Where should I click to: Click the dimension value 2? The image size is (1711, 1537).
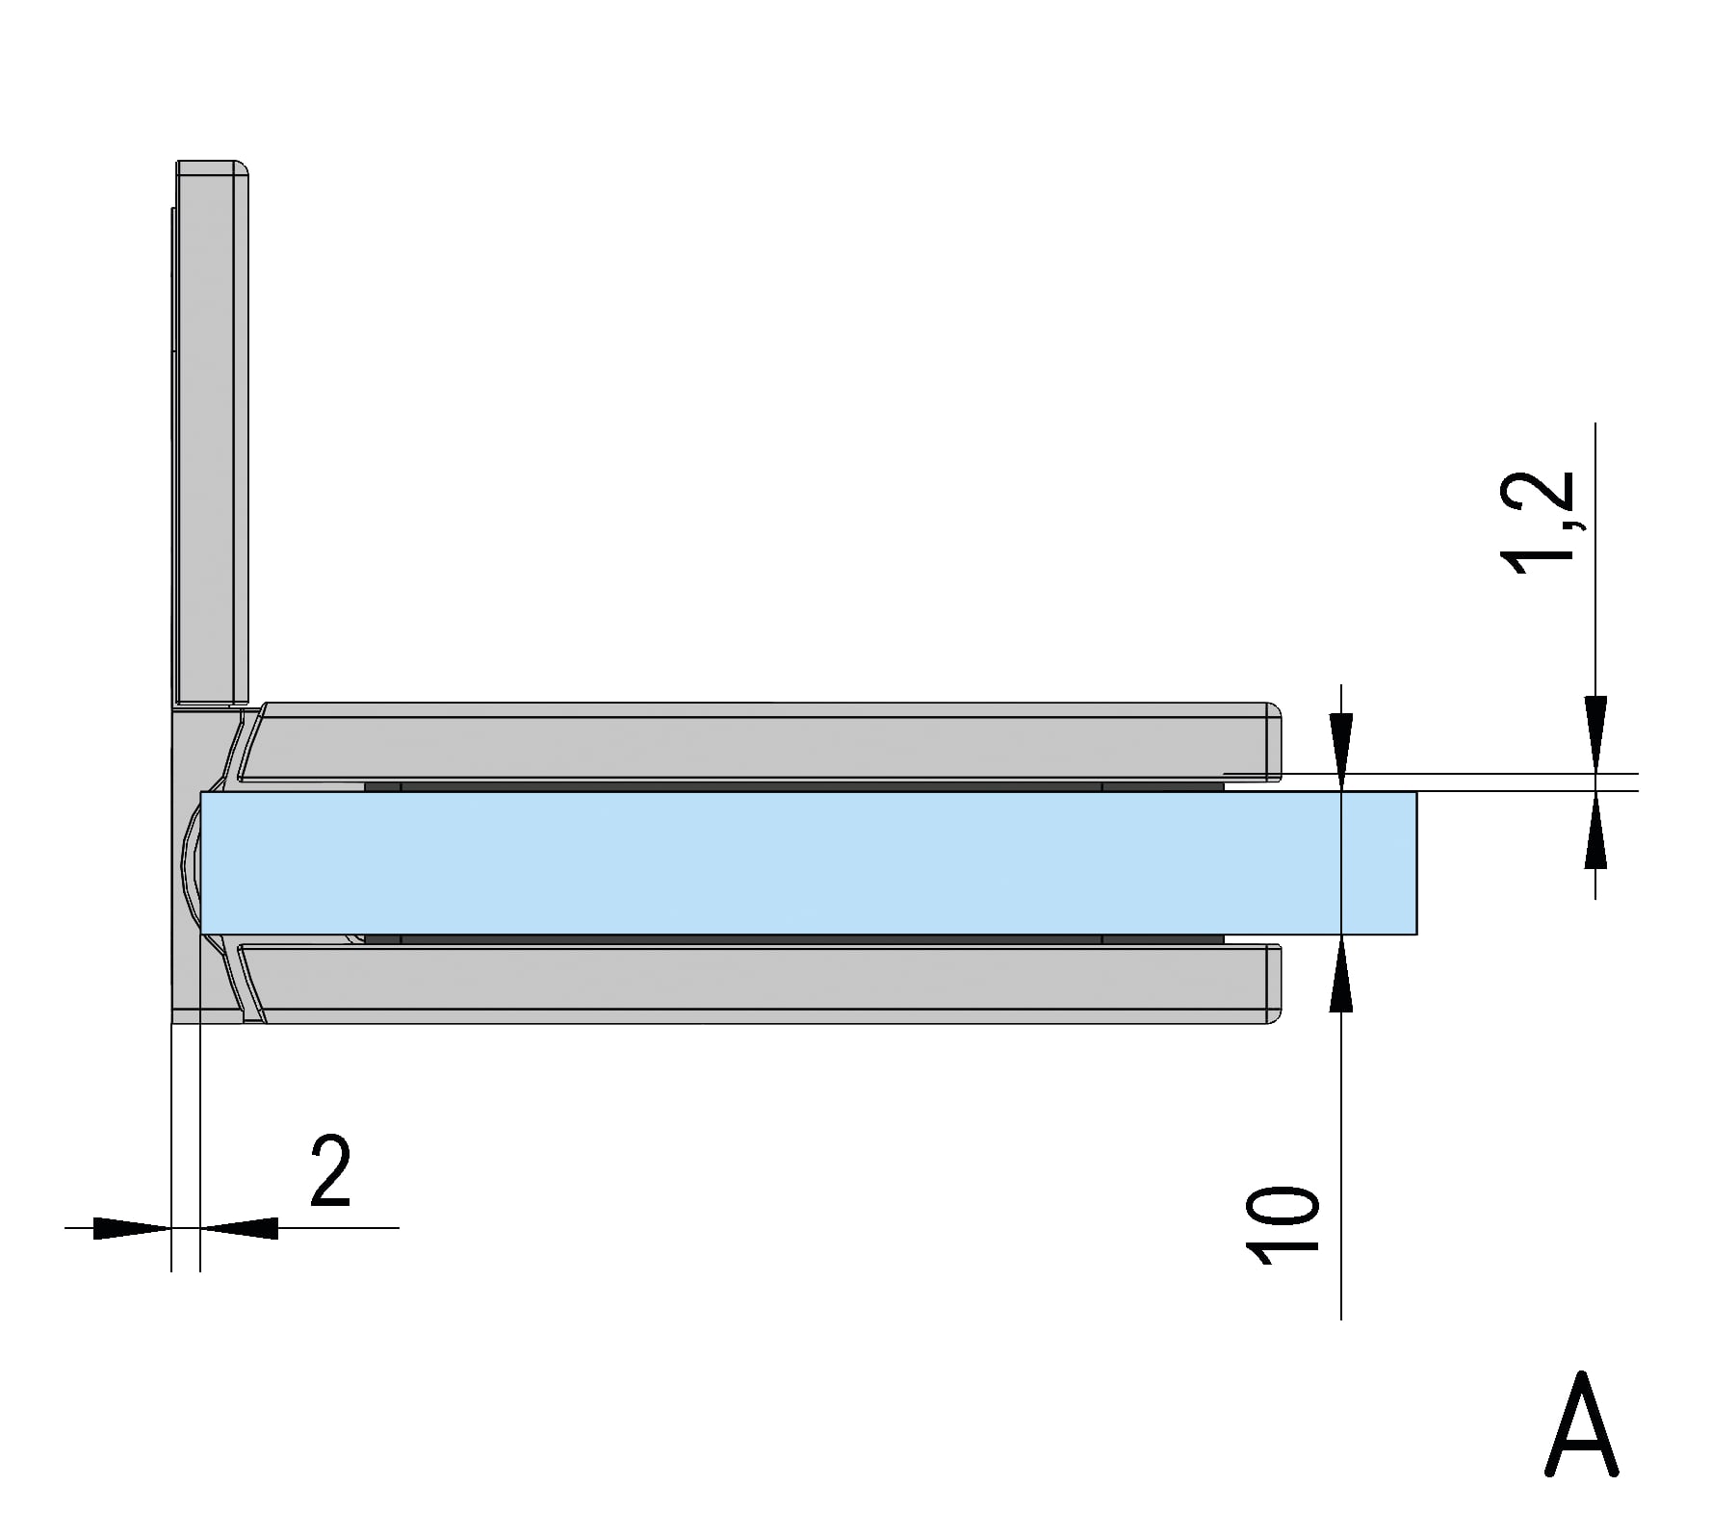(x=330, y=1171)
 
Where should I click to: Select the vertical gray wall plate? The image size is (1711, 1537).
(x=210, y=433)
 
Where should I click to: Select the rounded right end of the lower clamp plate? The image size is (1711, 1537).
(x=1273, y=984)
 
